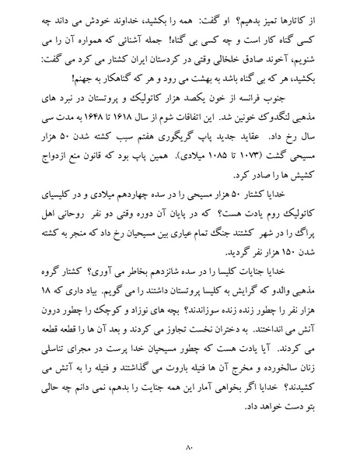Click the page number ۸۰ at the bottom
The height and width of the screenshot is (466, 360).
click(x=180, y=447)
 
